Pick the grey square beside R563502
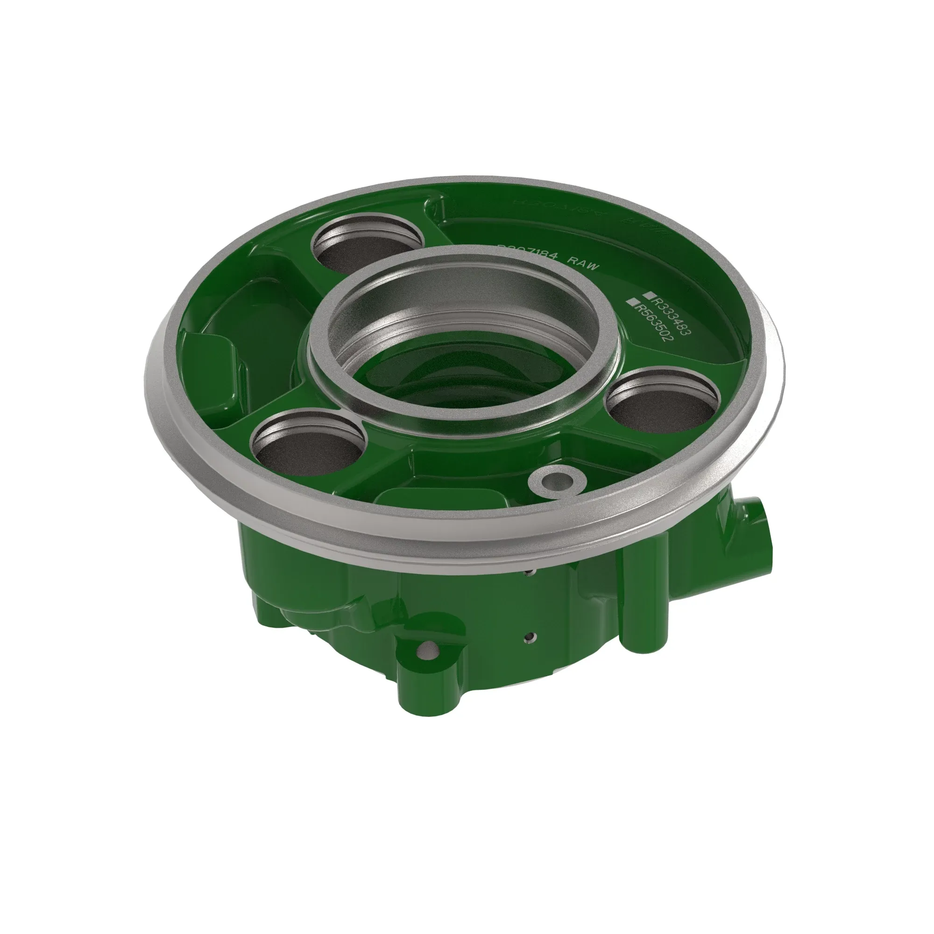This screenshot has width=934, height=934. [630, 302]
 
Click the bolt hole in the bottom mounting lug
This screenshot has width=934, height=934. [427, 651]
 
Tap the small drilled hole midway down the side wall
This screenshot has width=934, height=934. [532, 637]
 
